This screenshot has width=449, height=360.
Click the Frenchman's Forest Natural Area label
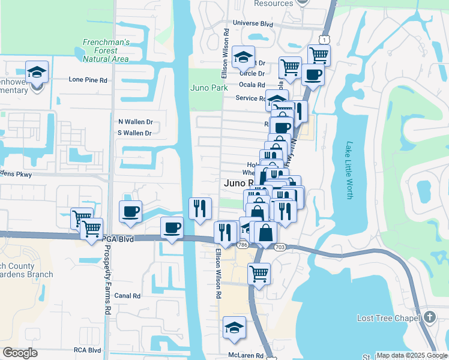(106, 50)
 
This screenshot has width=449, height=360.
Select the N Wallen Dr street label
(135, 121)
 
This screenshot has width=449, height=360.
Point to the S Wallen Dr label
(135, 133)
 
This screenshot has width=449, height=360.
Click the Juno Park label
(209, 88)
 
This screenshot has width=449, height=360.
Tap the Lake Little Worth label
(349, 170)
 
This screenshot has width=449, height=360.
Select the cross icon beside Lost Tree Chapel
(429, 317)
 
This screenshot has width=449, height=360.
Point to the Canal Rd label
(127, 296)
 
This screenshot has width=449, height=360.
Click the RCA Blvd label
(87, 350)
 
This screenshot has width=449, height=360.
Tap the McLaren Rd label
(246, 355)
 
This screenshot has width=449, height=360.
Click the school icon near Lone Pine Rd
(37, 72)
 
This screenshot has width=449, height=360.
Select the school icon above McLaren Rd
(234, 328)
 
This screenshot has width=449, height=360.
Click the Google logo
(20, 353)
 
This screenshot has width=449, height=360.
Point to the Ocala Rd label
(252, 85)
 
